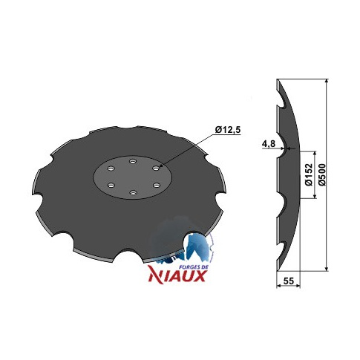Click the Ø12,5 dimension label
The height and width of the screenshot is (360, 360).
[228, 130]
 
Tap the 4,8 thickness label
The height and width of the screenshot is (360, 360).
[269, 143]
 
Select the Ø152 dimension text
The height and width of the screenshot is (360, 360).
[310, 174]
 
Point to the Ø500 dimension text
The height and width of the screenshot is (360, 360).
[322, 174]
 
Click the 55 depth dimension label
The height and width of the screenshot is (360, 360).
[289, 281]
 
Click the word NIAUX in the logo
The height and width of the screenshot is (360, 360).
[177, 276]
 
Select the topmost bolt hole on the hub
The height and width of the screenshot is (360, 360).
[133, 161]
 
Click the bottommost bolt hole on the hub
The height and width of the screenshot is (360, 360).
[133, 192]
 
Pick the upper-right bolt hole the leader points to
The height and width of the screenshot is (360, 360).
[156, 168]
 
